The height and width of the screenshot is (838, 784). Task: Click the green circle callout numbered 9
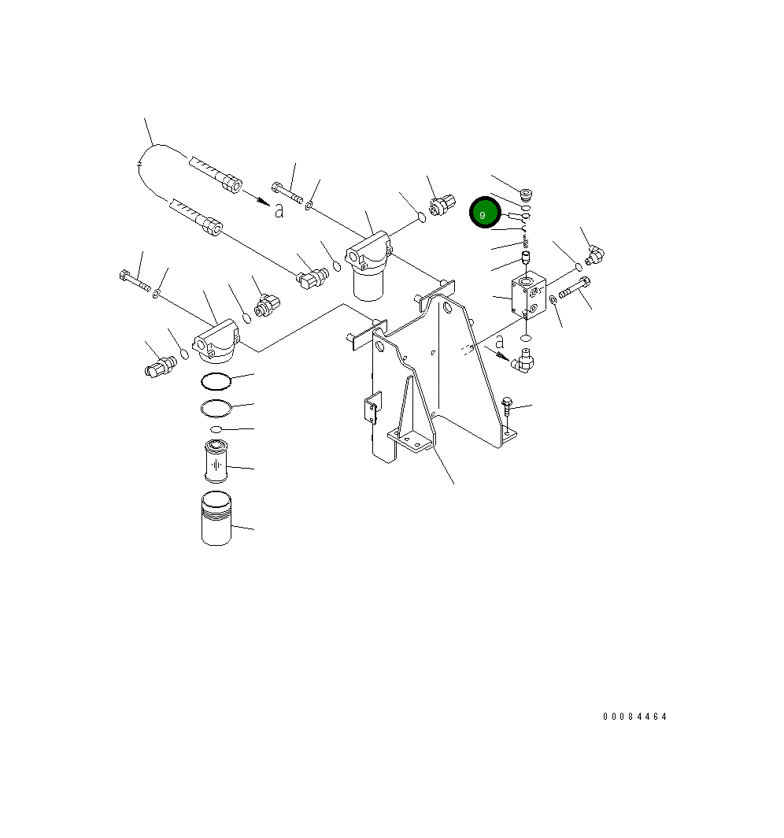(486, 213)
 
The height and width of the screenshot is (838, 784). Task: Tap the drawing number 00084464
(634, 717)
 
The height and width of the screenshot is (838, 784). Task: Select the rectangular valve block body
(528, 297)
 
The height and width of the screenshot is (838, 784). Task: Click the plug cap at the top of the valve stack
(526, 193)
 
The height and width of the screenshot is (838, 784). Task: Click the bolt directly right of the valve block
(575, 288)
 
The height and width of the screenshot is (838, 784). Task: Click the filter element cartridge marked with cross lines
(214, 463)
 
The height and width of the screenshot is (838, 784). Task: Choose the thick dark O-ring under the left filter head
(215, 381)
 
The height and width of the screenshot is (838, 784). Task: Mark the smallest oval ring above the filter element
(215, 429)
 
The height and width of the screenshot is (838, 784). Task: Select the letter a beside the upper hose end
(279, 209)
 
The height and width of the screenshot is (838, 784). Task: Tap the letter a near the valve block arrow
(499, 341)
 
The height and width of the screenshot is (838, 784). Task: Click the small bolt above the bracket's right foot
(508, 407)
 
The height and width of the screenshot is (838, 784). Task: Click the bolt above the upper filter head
(288, 191)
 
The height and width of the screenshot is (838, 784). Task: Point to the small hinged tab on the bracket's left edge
(372, 409)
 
